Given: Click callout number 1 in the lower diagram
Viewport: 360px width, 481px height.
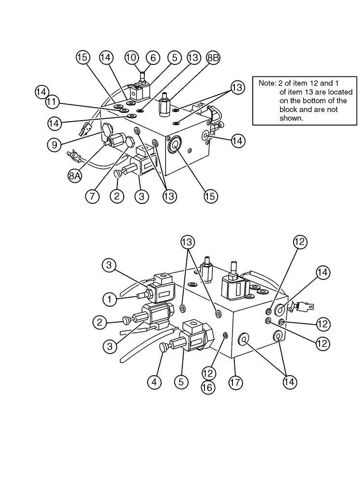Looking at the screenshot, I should [111, 299].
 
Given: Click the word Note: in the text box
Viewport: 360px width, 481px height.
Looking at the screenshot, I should [267, 83].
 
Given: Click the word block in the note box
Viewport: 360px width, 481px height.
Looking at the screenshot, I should [289, 110].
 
